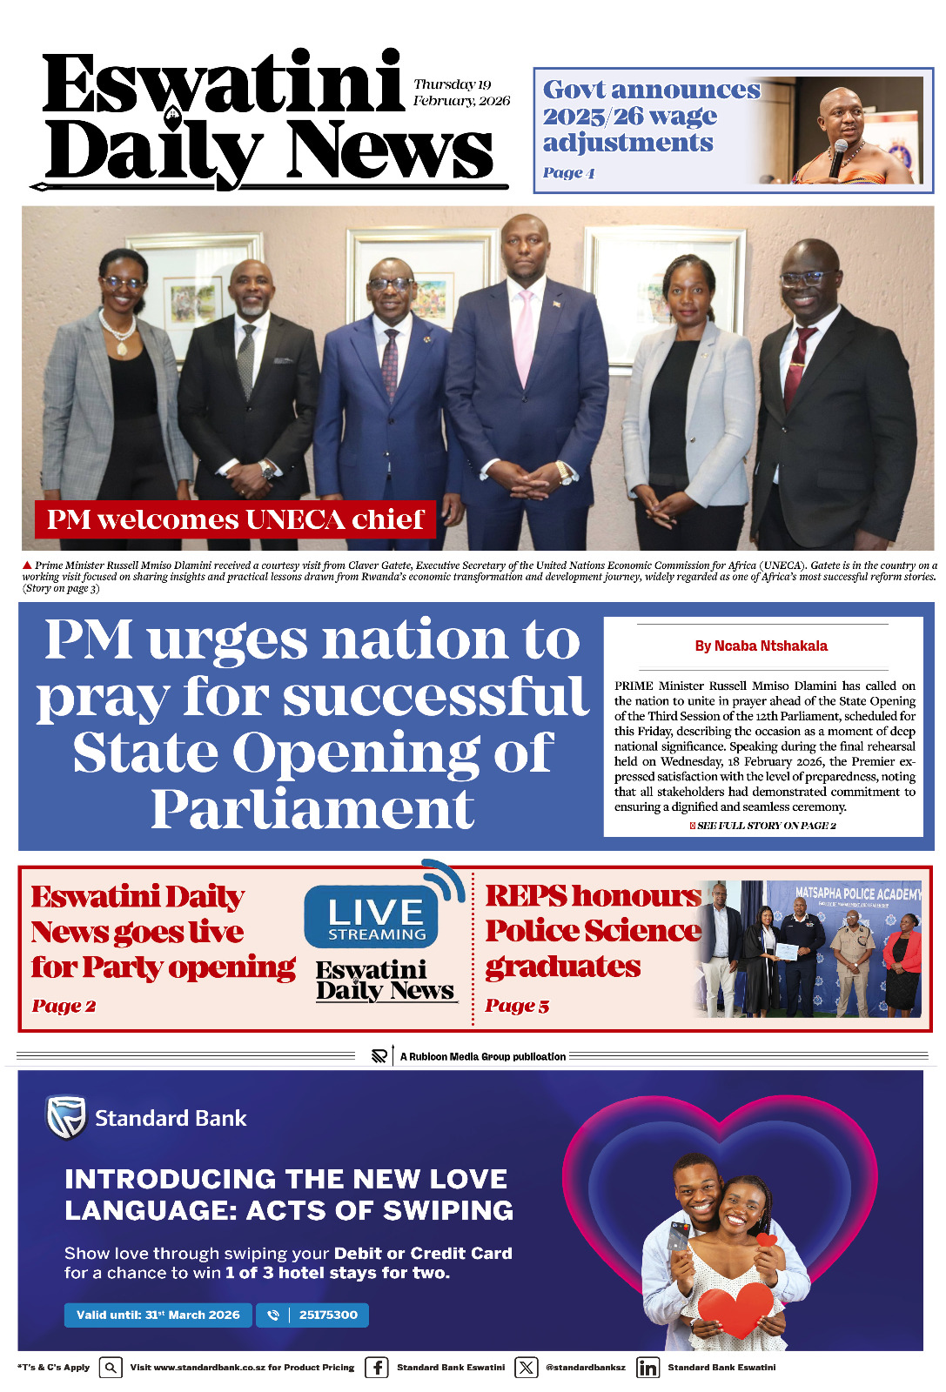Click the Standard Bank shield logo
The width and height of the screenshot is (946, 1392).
(66, 1117)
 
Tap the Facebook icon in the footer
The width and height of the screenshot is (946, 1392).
(377, 1367)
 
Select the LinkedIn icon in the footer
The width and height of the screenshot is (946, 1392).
(647, 1367)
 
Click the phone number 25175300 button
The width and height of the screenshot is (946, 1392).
(312, 1315)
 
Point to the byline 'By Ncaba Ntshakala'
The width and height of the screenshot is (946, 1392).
(761, 646)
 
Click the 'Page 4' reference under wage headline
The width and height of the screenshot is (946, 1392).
(568, 172)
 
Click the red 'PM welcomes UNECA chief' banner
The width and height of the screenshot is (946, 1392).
(235, 519)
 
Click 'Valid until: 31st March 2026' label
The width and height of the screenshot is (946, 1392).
(158, 1315)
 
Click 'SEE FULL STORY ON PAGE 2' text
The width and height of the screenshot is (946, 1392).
(765, 826)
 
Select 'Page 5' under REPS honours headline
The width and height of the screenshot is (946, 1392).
(517, 1006)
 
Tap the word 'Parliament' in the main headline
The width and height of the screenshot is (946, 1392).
(312, 810)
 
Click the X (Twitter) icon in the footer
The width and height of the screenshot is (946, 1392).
(527, 1367)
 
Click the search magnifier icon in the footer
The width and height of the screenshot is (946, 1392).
(111, 1367)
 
